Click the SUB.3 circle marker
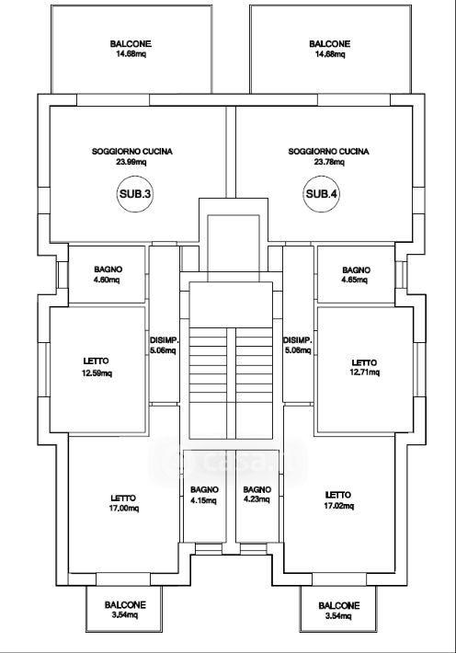click(135, 194)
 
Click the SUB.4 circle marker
click(322, 194)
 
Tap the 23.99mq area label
click(131, 162)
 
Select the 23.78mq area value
click(329, 162)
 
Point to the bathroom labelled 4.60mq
click(107, 274)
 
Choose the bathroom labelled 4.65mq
click(356, 274)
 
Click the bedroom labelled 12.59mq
click(97, 370)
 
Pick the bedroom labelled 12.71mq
click(365, 370)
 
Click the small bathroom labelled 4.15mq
click(204, 496)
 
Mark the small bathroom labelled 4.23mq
click(256, 496)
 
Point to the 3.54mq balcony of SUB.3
click(124, 609)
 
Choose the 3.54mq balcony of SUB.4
click(338, 609)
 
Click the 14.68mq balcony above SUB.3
click(131, 49)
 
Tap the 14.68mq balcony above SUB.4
click(330, 49)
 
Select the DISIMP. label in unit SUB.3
click(164, 339)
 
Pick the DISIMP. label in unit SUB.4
click(297, 339)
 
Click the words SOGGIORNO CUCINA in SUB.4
click(328, 151)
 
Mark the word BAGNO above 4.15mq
click(204, 489)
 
